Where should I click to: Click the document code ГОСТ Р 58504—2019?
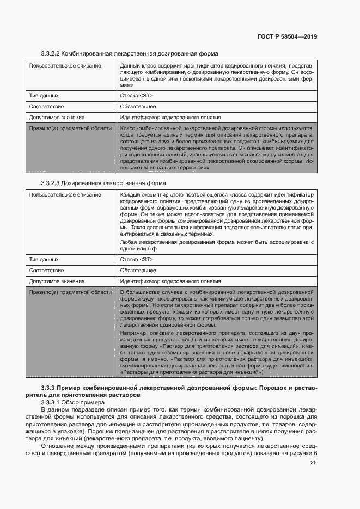287,37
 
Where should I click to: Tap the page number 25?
313,463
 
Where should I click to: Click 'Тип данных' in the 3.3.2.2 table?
44,96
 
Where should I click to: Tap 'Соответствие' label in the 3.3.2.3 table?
46,270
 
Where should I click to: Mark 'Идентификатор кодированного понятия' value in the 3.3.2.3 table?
170,281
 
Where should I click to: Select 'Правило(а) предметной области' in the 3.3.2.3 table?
70,292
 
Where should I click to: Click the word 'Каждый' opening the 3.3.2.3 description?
131,194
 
